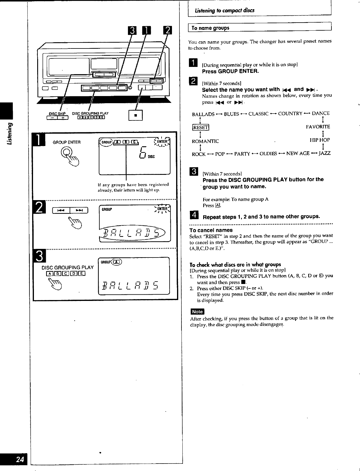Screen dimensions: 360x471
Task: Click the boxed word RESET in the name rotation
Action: pyautogui.click(x=201, y=128)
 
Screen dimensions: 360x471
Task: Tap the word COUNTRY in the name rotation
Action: pyautogui.click(x=290, y=114)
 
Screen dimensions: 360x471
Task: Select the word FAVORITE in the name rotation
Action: pyautogui.click(x=318, y=127)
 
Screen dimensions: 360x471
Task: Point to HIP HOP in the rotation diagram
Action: pyautogui.click(x=320, y=140)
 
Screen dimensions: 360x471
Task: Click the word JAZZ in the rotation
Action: pyautogui.click(x=324, y=153)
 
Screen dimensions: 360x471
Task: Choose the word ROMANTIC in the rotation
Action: pyautogui.click(x=205, y=141)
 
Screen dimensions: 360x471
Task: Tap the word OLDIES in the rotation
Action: pyautogui.click(x=268, y=154)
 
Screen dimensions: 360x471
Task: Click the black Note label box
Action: pyautogui.click(x=197, y=312)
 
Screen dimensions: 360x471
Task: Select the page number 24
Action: pyautogui.click(x=20, y=459)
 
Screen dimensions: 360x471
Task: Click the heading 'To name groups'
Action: pyautogui.click(x=210, y=28)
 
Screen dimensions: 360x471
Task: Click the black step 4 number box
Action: pyautogui.click(x=194, y=215)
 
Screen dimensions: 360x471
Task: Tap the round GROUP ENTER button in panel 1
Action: pyautogui.click(x=66, y=152)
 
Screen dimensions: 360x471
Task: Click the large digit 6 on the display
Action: pyautogui.click(x=143, y=153)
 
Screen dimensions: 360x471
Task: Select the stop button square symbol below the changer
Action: pyautogui.click(x=135, y=115)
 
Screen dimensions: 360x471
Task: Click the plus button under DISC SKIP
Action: pyautogui.click(x=63, y=117)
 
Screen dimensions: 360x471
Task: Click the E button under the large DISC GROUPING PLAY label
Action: pyautogui.click(x=82, y=273)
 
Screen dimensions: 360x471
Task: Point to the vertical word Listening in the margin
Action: pyautogui.click(x=10, y=134)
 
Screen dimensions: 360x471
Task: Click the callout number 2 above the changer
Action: pyautogui.click(x=168, y=30)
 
